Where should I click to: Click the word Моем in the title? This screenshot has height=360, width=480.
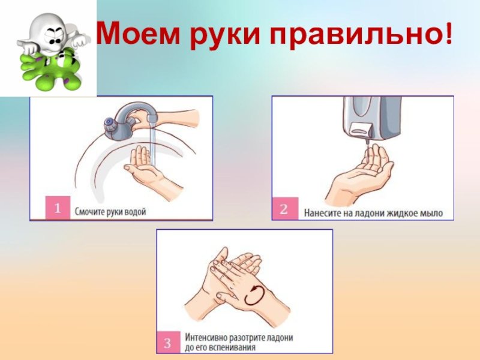[139, 33]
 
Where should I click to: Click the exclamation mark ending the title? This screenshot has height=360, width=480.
[448, 32]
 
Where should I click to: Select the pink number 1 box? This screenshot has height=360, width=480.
[58, 208]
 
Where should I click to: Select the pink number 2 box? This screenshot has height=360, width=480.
[284, 208]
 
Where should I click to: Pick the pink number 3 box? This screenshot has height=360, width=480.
[167, 342]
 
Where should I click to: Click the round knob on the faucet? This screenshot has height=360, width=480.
[109, 122]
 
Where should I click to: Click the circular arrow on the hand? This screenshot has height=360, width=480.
[254, 295]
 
